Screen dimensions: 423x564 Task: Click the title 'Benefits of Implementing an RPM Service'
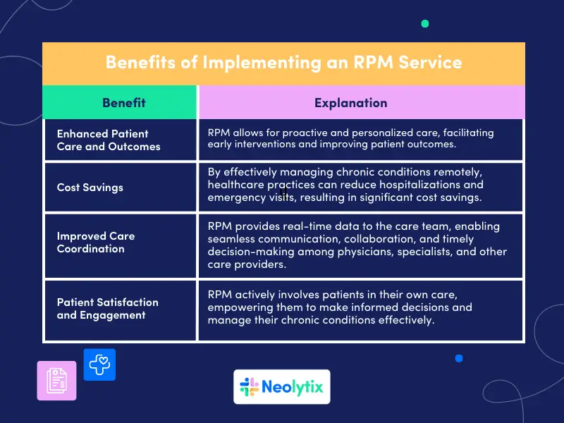pos(283,63)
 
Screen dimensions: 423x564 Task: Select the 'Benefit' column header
pos(123,103)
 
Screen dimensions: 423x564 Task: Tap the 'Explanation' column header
pos(350,103)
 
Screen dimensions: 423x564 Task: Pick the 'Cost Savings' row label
pos(90,188)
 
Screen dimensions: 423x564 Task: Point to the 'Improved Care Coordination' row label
pos(96,242)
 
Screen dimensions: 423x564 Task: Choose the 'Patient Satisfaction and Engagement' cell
pos(107,308)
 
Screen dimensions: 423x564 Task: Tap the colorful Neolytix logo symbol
pos(249,387)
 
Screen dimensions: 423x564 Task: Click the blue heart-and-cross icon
pos(99,364)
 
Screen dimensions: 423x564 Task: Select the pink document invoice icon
pos(56,381)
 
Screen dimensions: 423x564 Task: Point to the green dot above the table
pos(424,24)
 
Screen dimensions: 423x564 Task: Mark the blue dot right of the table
pos(459,358)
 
